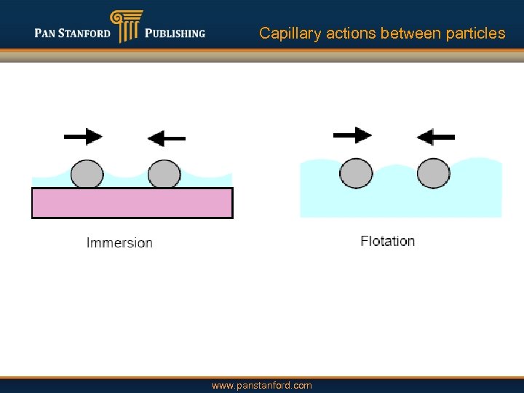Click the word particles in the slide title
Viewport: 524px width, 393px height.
[x=476, y=33]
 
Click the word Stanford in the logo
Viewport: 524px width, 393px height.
[x=84, y=33]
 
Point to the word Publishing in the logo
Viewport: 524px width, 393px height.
[x=175, y=33]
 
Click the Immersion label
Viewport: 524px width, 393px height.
[x=119, y=242]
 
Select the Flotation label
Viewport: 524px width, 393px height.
[x=387, y=241]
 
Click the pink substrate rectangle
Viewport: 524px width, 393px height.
[x=132, y=203]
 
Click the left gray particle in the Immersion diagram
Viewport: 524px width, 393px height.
[x=87, y=175]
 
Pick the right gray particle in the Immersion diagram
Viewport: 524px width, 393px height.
[x=164, y=175]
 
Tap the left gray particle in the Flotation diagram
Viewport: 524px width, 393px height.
[x=356, y=174]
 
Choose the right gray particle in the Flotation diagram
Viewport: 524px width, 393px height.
[x=434, y=174]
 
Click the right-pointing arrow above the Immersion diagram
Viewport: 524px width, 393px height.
[x=83, y=136]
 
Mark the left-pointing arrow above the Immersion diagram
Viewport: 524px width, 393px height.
[x=166, y=138]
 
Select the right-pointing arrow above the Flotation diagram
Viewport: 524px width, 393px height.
[x=352, y=135]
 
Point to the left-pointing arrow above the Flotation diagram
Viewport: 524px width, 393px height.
[x=435, y=136]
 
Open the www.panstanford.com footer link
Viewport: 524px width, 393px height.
[x=261, y=385]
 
